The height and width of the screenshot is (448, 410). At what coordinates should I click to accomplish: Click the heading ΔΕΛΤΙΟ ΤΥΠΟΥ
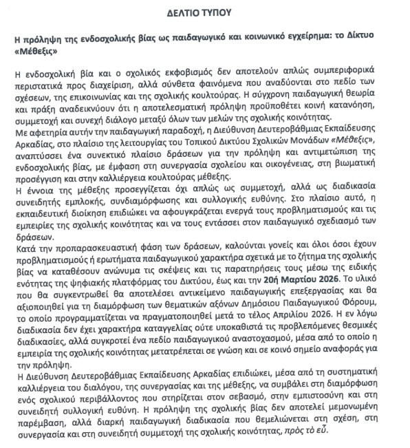(204, 12)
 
